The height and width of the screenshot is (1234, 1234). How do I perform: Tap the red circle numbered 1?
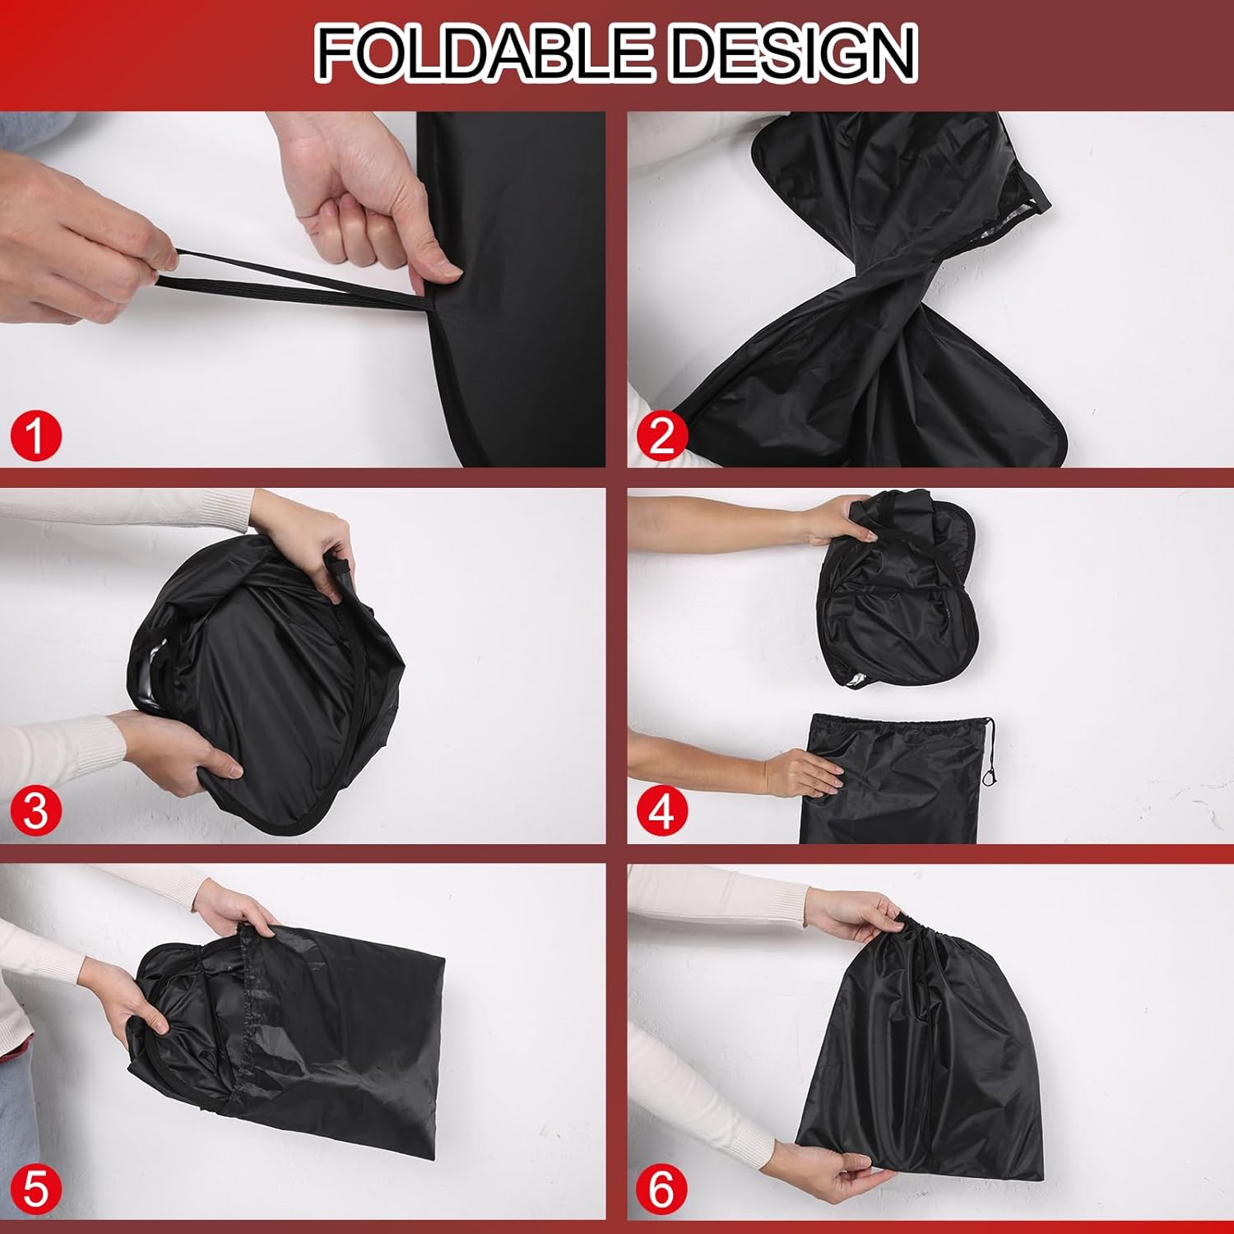coord(36,436)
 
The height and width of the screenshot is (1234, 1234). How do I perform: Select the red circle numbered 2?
coord(661,436)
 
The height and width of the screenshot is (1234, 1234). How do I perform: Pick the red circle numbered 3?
coord(36,810)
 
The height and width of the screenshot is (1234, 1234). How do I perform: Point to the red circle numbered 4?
coord(661,810)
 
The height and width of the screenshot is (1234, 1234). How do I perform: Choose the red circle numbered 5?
coord(36,1187)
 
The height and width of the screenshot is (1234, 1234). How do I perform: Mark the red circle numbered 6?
coord(661,1187)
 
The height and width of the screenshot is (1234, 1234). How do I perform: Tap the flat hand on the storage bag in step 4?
coord(802,773)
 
